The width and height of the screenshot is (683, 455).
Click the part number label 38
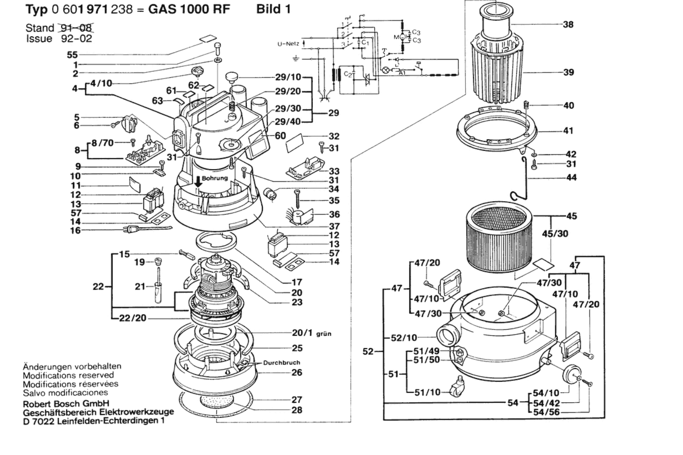pyautogui.click(x=568, y=24)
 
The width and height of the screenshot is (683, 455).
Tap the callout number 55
pyautogui.click(x=72, y=55)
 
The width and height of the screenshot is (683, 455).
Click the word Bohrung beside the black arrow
pyautogui.click(x=215, y=178)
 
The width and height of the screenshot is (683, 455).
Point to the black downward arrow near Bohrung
pyautogui.click(x=198, y=181)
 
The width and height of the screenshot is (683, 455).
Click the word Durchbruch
pyautogui.click(x=281, y=362)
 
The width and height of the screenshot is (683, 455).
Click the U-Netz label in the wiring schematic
pyautogui.click(x=288, y=44)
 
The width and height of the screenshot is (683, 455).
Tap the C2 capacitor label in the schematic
pyautogui.click(x=348, y=74)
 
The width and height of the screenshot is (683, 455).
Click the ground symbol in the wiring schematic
pyautogui.click(x=296, y=58)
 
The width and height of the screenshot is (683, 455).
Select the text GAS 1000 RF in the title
pyautogui.click(x=189, y=9)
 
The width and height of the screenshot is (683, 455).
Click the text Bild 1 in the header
pyautogui.click(x=273, y=9)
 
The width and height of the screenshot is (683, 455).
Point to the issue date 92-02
pyautogui.click(x=77, y=39)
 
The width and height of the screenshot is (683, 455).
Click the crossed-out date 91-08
pyautogui.click(x=77, y=28)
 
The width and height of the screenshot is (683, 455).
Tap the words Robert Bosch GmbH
pyautogui.click(x=66, y=404)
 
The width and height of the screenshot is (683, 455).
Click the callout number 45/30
pyautogui.click(x=555, y=233)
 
